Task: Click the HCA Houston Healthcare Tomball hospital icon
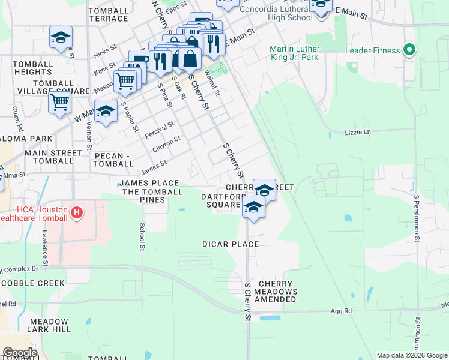[x=76, y=212]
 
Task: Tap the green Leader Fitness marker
[x=410, y=50]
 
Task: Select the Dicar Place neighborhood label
[x=231, y=244]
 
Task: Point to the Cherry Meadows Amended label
[x=275, y=292]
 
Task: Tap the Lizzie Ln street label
[x=358, y=131]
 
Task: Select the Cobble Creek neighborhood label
[x=32, y=283]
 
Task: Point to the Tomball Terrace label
[x=109, y=15]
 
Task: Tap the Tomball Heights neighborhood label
[x=25, y=68]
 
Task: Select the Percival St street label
[x=159, y=129]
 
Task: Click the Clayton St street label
[x=166, y=145]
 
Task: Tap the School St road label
[x=142, y=236]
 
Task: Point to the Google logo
[x=20, y=353]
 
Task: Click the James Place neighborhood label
[x=149, y=183]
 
